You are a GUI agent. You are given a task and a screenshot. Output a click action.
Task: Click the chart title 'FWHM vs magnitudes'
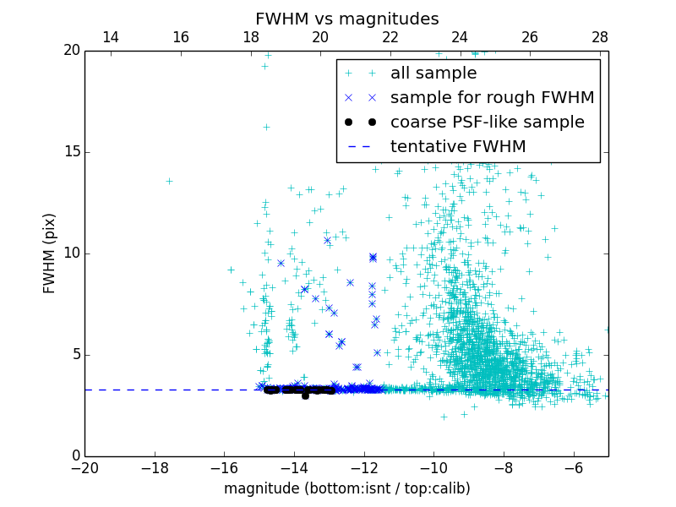click(x=346, y=19)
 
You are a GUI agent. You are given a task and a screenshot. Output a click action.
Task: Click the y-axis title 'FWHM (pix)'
click(x=50, y=253)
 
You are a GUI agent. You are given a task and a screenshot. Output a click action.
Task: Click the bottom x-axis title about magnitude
click(x=346, y=488)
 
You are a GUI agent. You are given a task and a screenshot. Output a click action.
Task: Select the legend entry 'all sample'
click(x=433, y=74)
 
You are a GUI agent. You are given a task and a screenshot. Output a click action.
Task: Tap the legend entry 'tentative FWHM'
click(x=457, y=146)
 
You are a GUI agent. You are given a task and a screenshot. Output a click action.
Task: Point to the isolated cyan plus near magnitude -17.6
click(x=169, y=181)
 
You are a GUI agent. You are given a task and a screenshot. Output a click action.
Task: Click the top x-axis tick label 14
click(x=111, y=37)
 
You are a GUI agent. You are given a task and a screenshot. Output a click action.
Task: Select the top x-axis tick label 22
click(x=390, y=37)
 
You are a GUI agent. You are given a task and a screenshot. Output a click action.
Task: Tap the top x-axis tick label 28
click(x=600, y=37)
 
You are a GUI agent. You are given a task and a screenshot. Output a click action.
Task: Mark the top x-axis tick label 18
click(x=251, y=37)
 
